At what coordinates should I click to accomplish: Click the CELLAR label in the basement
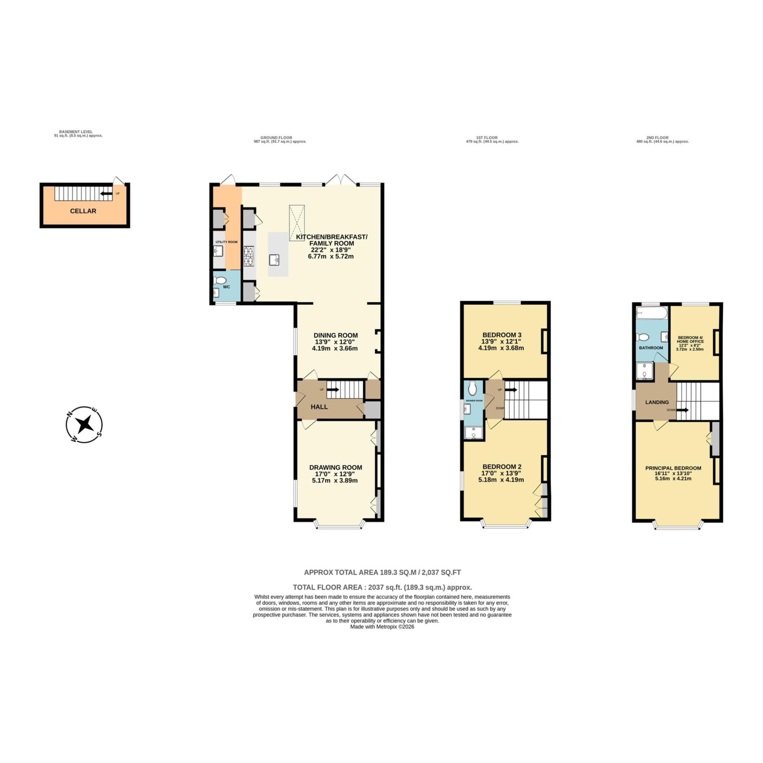(x=83, y=211)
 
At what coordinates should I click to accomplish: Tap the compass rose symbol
(x=84, y=425)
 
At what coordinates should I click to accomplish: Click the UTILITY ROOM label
(x=226, y=242)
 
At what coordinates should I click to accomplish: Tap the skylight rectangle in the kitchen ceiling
(x=297, y=220)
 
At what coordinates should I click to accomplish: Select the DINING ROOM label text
(x=336, y=335)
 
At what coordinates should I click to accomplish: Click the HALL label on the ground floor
(x=319, y=407)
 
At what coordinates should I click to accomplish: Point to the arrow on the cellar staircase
(x=106, y=193)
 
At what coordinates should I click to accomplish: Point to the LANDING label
(x=657, y=402)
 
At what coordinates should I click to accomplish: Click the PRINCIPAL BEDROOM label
(x=673, y=468)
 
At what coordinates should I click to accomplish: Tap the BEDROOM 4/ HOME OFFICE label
(x=690, y=339)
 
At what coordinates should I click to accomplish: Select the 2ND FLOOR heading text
(x=657, y=138)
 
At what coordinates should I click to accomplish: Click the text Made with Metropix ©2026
(x=382, y=627)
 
